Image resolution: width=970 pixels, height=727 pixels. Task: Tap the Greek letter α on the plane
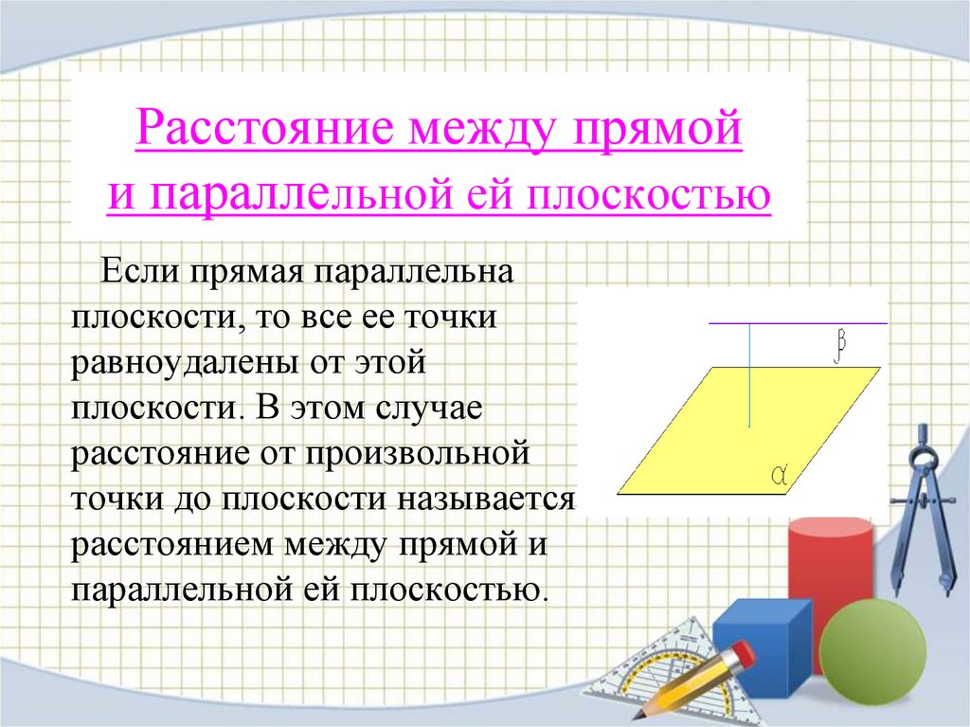coord(781,472)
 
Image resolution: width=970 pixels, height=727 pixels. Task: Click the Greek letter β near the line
coord(838,348)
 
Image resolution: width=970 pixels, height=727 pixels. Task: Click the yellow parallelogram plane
coord(720,436)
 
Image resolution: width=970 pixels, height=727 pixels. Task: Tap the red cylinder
coord(830,569)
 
